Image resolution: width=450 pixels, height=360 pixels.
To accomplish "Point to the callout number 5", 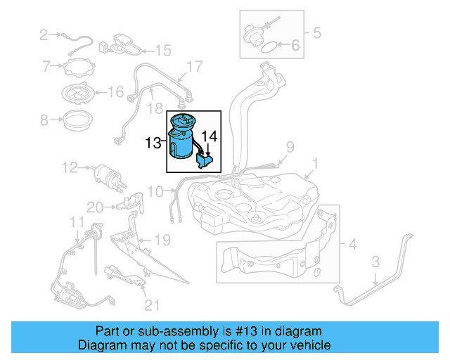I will point(316,32).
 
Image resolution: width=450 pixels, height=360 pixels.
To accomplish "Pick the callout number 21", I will point(153,304).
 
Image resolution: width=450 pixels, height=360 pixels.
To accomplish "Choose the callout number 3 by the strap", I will point(375,262).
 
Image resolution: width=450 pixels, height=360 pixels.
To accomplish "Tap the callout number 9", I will point(288,146).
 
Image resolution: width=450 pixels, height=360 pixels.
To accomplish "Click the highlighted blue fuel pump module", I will point(184,139).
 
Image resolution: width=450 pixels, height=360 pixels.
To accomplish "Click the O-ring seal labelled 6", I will point(267,47).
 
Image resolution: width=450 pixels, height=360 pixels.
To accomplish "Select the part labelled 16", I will point(78,91).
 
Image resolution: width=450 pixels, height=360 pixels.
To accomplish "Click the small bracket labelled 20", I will point(127,205).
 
